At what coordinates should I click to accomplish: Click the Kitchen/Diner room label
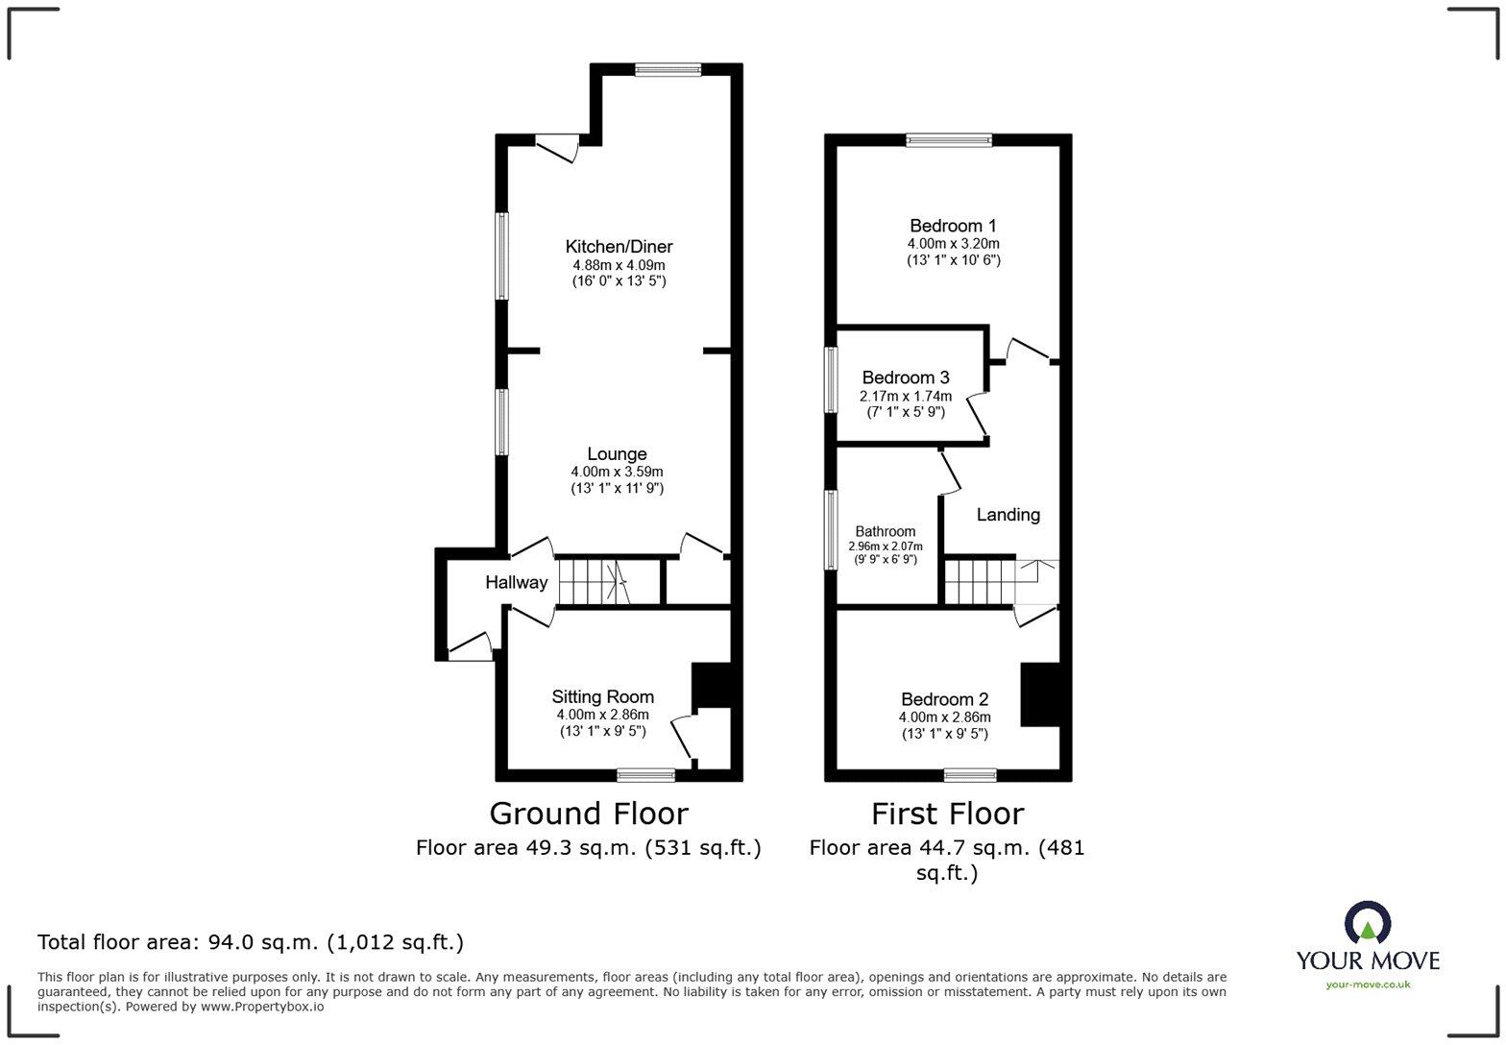tap(619, 247)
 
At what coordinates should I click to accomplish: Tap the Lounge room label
tap(617, 454)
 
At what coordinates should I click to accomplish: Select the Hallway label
tap(516, 582)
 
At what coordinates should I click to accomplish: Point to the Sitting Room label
tap(602, 697)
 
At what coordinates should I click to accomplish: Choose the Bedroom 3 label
tap(905, 377)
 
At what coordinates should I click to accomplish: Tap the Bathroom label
tap(885, 531)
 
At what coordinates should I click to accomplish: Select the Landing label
tap(1008, 515)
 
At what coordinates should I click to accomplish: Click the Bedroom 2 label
tap(944, 699)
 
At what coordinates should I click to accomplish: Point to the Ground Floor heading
tap(588, 814)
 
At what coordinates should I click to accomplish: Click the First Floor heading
tap(947, 814)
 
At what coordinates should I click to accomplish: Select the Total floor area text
tap(250, 942)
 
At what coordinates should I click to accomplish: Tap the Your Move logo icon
tap(1367, 924)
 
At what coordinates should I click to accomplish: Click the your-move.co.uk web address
tap(1368, 984)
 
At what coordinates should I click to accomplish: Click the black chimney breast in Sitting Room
tap(712, 686)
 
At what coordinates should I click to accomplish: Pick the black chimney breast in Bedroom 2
tap(1039, 694)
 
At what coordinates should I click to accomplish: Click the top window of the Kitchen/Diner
tap(668, 69)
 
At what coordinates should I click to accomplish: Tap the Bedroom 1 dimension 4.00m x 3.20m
tap(953, 244)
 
